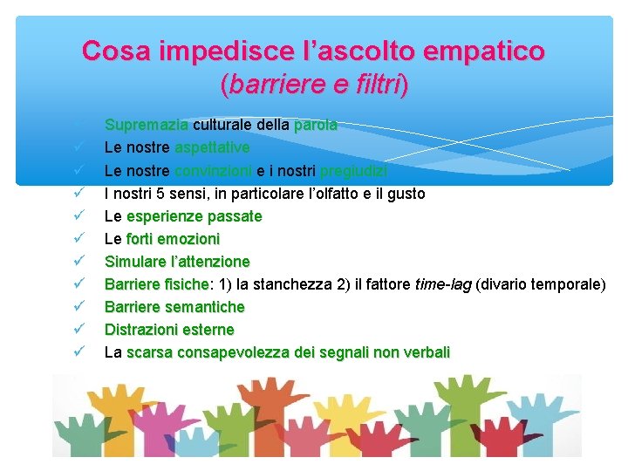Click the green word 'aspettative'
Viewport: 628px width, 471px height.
[212, 147]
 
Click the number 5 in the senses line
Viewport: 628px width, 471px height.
[160, 193]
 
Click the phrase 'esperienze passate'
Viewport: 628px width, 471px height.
[194, 215]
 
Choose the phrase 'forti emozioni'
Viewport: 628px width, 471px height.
[173, 238]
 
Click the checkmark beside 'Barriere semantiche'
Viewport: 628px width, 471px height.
[78, 306]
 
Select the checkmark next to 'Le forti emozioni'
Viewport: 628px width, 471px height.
[78, 238]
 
